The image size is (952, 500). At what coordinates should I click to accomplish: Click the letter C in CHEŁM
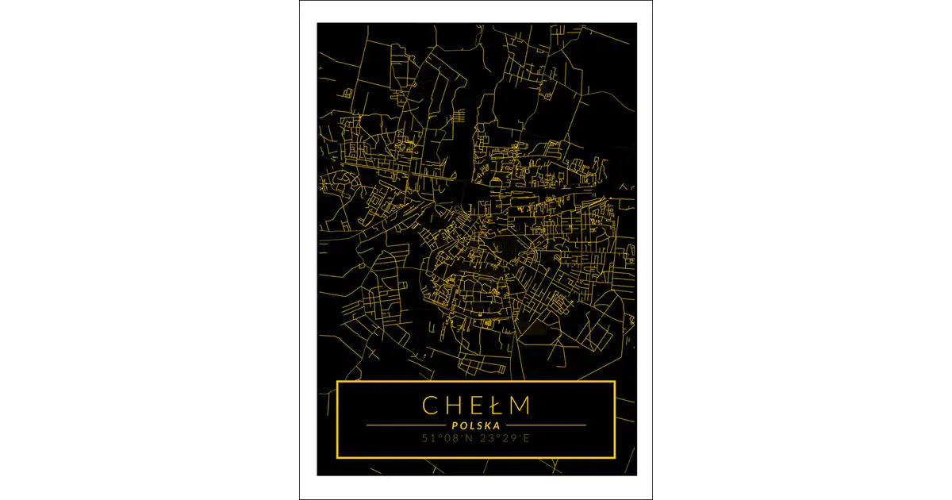(x=430, y=405)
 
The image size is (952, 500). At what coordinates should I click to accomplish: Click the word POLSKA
(x=476, y=425)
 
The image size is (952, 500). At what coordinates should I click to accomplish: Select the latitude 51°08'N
(x=448, y=437)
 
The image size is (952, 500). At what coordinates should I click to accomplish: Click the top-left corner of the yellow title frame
(x=338, y=383)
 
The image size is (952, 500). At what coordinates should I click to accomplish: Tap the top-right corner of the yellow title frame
(x=615, y=383)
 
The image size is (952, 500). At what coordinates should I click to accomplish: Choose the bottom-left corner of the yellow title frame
(x=338, y=457)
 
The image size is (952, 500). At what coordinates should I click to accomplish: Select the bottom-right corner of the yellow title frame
(x=615, y=457)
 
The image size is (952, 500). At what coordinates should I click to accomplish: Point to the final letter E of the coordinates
(x=528, y=437)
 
